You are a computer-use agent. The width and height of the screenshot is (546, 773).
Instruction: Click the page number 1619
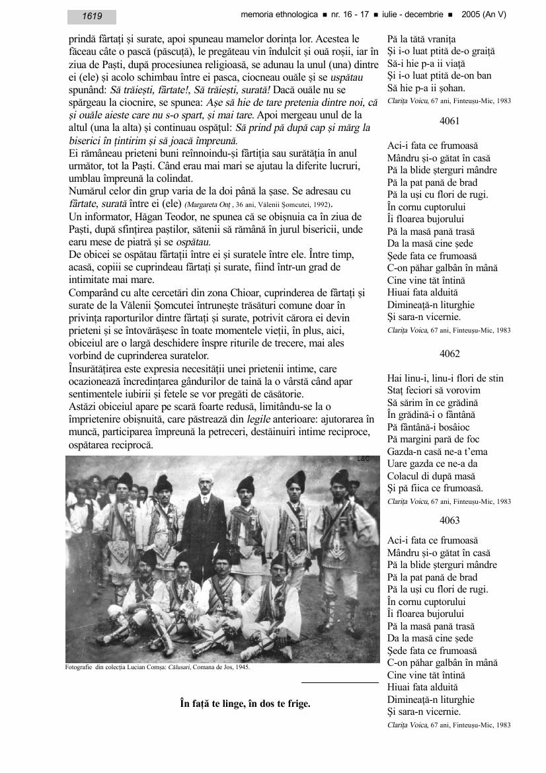coord(92,17)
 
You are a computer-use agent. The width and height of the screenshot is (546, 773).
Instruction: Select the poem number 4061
coord(449,121)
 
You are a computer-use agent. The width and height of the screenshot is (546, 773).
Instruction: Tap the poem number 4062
coord(449,354)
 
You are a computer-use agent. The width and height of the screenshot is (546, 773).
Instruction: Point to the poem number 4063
coord(449,520)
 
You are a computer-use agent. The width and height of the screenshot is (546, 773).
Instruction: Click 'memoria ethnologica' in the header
coord(278,14)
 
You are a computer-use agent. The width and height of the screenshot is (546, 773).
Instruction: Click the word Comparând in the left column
coord(94,292)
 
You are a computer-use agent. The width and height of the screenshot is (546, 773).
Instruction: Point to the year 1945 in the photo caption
coord(241,667)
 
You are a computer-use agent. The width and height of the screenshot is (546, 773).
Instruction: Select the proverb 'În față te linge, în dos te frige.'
coord(245,704)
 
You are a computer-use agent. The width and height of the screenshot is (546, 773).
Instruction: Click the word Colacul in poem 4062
coord(403,476)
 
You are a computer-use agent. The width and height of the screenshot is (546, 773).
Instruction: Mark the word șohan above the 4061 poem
coord(451,88)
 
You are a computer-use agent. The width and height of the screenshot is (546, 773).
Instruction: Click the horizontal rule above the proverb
coord(340,682)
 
